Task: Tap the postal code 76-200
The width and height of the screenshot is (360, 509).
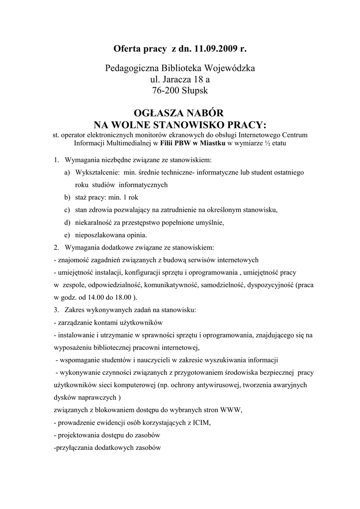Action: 165,91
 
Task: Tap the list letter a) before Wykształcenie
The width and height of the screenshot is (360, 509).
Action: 67,172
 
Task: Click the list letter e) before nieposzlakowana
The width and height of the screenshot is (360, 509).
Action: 67,235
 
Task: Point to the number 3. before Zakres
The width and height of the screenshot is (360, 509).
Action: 56,310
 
